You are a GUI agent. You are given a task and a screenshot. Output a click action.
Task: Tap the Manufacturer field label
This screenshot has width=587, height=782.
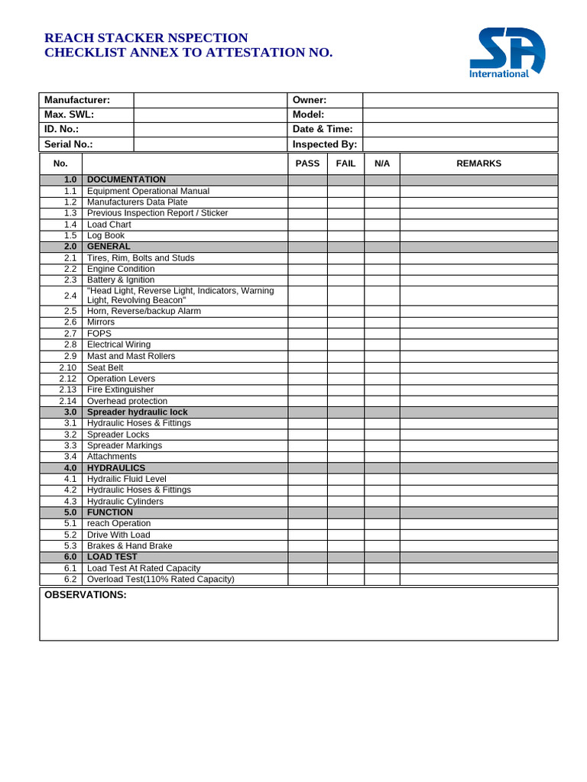point(77,100)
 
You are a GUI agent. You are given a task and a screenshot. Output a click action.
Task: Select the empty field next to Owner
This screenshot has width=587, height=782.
point(459,100)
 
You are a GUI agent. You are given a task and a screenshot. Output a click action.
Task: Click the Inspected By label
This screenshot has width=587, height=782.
point(325,144)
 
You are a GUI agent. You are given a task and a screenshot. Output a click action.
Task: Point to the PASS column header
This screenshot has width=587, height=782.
point(307,163)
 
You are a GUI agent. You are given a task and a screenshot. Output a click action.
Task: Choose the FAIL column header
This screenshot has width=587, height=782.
point(345,163)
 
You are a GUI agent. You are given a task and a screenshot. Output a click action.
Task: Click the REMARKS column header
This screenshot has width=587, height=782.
point(478,163)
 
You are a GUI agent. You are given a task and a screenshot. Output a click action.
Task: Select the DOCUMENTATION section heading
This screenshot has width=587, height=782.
point(126,179)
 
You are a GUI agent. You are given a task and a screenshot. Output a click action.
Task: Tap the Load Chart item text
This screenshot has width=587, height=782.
point(109,225)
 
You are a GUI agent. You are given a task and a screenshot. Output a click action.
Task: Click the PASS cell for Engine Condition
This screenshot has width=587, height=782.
point(307,269)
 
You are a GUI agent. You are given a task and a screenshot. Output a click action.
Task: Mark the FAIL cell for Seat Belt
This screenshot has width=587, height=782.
point(345,367)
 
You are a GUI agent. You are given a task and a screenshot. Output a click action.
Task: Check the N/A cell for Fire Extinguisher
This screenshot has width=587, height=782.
point(381,389)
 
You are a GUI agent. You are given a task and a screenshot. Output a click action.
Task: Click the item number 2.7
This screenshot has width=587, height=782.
point(70,334)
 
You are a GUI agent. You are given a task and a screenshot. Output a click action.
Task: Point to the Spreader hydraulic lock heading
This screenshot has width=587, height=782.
point(137,412)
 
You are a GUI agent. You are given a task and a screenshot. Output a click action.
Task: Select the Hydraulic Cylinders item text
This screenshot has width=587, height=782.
point(125,501)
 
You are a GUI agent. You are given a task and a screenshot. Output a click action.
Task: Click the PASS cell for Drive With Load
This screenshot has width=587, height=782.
point(307,535)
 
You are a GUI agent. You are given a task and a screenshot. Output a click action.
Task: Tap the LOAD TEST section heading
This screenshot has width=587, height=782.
point(112,557)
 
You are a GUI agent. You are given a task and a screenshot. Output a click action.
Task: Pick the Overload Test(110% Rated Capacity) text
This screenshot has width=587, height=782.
point(161,579)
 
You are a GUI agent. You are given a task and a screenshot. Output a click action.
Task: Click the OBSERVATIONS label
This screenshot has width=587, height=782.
point(86,595)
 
